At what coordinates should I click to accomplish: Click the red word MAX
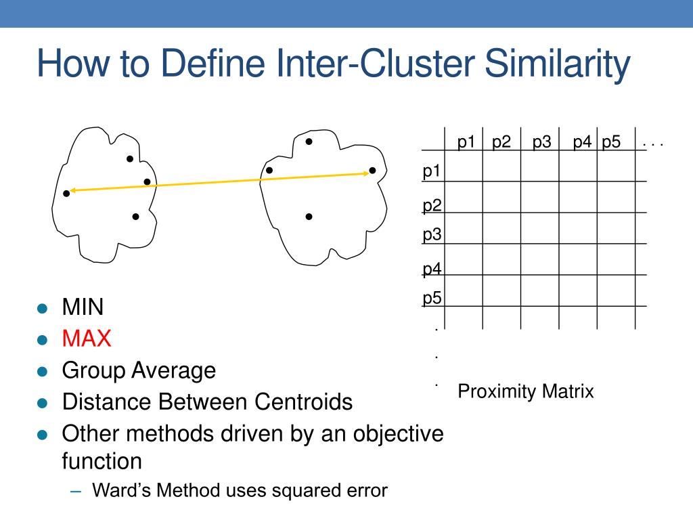pos(87,339)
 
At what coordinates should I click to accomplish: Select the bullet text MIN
pos(83,307)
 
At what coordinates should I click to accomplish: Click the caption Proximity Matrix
pos(526,391)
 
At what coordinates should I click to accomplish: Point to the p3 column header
pos(541,142)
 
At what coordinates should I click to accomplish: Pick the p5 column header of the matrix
pos(611,142)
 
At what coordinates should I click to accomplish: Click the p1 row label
pos(432,171)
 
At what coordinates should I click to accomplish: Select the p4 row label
pos(432,269)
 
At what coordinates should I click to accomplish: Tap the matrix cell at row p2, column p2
pos(501,197)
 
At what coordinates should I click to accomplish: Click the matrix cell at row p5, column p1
pos(464,290)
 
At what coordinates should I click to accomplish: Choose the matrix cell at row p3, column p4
pos(577,228)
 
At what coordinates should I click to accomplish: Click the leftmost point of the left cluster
pos(66,194)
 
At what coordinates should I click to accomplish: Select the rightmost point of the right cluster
pos(372,171)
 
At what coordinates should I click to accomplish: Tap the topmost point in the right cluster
pos(309,142)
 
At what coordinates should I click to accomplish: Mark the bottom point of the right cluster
pos(309,217)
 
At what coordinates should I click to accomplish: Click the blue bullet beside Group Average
pos(43,371)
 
